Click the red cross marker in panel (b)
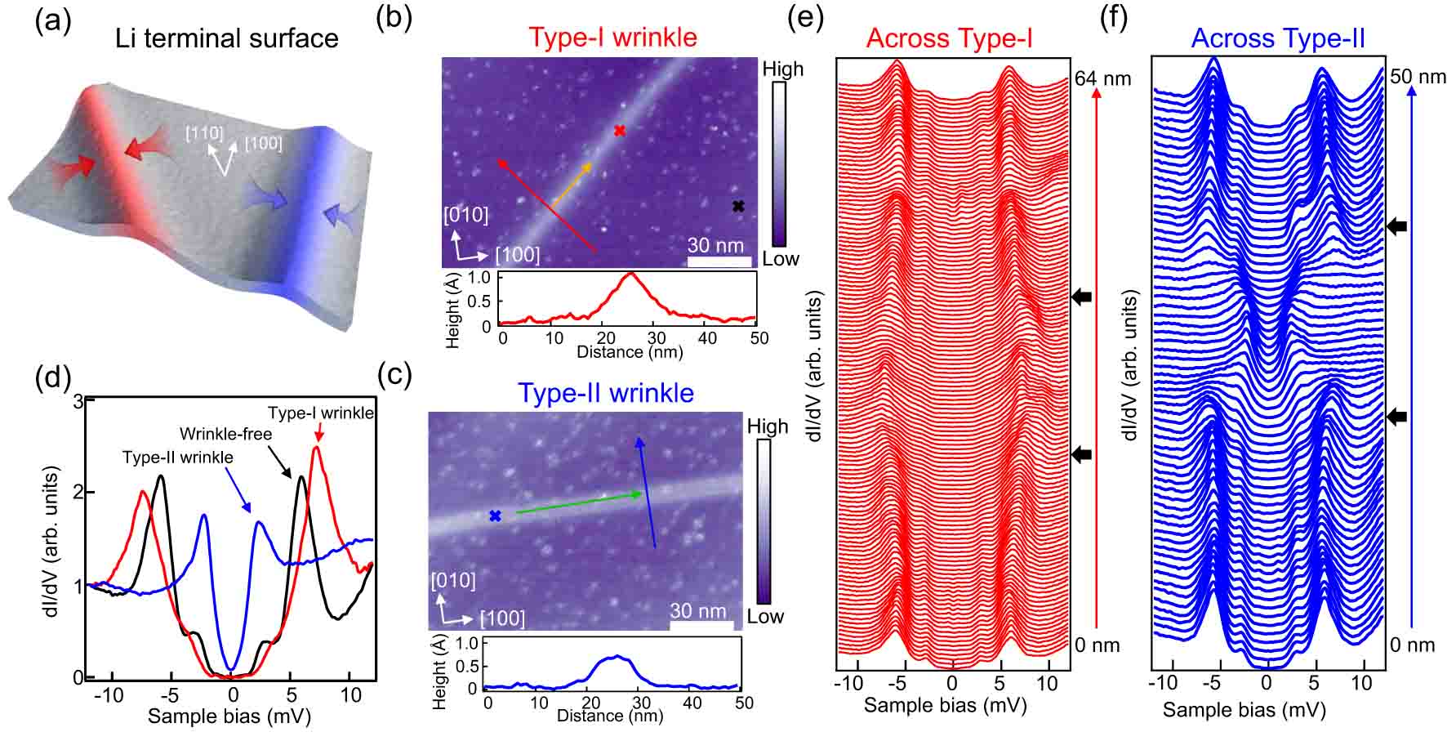tap(620, 131)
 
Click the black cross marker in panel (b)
tap(738, 207)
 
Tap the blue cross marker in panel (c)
tap(494, 516)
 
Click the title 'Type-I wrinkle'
tap(612, 38)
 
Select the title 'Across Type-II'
tap(1278, 38)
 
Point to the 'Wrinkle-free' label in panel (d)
tap(225, 433)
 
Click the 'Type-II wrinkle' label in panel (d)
tap(177, 458)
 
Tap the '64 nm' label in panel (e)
tap(1103, 78)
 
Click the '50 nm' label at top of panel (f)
tap(1418, 77)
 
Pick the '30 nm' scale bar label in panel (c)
tap(698, 610)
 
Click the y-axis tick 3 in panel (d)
tap(78, 401)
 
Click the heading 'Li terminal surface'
tap(227, 38)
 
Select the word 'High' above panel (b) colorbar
tap(782, 69)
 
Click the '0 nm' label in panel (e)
tap(1097, 645)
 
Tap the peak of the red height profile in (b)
tap(630, 275)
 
